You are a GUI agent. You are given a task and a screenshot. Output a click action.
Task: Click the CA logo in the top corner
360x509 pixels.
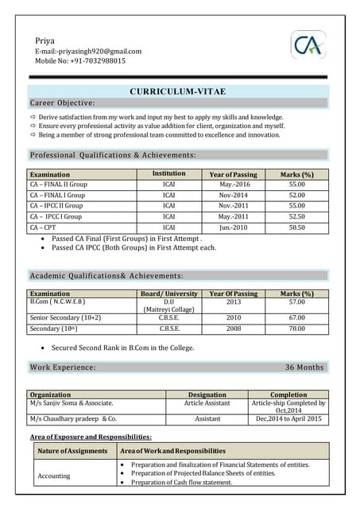(308, 46)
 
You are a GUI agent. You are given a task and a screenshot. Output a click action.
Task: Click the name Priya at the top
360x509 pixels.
(45, 41)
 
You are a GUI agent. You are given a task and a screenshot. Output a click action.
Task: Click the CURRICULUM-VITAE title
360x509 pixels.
(177, 92)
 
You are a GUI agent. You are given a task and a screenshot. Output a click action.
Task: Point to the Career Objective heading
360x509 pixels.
(63, 103)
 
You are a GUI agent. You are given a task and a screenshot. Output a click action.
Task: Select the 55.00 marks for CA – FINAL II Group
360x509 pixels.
(296, 185)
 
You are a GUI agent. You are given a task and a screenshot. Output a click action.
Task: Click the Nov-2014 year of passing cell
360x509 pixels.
(234, 195)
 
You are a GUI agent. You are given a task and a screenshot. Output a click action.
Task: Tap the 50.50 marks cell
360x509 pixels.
(296, 227)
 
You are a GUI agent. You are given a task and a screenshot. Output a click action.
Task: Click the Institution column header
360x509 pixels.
(168, 173)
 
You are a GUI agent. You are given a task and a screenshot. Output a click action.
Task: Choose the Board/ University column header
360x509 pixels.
(168, 293)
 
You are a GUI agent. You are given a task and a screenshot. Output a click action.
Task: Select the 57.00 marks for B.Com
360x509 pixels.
(296, 302)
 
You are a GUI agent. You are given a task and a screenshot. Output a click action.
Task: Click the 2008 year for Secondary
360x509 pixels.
(234, 328)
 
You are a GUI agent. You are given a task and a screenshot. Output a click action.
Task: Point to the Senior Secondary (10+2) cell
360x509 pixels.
(65, 317)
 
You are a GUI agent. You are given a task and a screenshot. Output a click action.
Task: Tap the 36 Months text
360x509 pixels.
(304, 367)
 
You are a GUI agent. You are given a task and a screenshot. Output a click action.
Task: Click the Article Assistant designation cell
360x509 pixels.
(207, 403)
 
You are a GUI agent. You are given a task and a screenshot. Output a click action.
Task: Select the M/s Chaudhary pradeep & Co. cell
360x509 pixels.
(73, 418)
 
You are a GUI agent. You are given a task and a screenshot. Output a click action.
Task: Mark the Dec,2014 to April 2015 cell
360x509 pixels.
(288, 418)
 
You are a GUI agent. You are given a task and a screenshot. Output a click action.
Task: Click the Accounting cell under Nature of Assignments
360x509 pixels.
(54, 476)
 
